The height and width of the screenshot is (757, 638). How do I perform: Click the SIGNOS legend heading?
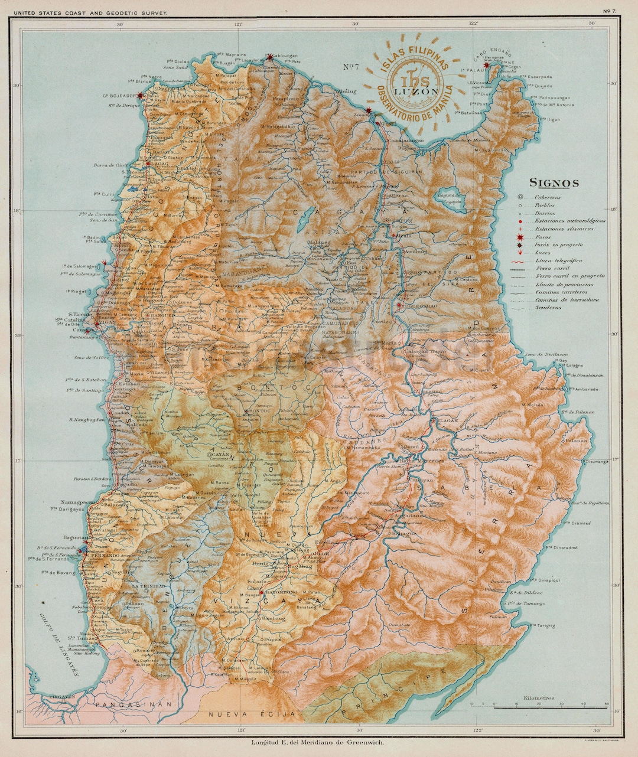point(554,183)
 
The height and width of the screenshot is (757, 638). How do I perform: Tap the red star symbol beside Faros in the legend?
point(520,236)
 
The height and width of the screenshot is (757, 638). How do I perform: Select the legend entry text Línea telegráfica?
point(558,260)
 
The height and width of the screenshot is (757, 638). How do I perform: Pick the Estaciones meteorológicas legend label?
point(570,220)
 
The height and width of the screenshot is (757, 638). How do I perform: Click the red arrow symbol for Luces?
point(520,252)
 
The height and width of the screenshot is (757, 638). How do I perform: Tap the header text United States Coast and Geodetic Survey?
point(84,12)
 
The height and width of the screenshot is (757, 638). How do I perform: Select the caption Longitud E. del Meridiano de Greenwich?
point(318,742)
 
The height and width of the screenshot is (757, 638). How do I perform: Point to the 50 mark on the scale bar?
point(607,704)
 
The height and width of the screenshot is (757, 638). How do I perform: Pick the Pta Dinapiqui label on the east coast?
point(551,580)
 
